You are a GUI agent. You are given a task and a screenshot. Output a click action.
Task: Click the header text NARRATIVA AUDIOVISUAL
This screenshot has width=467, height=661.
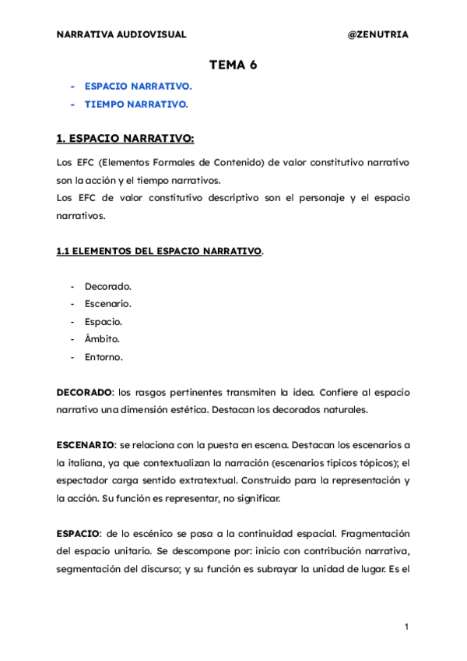[x=121, y=35]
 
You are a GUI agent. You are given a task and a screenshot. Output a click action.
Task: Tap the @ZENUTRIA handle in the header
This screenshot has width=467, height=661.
[x=377, y=35]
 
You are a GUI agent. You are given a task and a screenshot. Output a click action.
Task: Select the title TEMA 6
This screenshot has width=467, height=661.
[x=233, y=65]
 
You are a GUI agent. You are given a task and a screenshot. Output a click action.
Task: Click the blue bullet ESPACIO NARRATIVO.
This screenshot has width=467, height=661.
[x=138, y=87]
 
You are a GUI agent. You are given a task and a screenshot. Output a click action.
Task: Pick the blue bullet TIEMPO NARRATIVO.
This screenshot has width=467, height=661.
[x=136, y=104]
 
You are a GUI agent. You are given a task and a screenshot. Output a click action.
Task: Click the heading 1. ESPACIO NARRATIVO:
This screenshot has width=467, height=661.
[x=125, y=139]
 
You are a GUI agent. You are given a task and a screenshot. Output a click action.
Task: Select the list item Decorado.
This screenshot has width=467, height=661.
[x=108, y=286]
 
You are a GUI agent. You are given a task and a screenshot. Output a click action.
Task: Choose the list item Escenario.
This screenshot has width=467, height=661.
[x=108, y=304]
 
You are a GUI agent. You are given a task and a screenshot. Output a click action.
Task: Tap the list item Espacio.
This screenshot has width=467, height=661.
[x=104, y=321]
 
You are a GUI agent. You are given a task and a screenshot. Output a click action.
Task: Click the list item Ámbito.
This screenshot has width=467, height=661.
[x=102, y=339]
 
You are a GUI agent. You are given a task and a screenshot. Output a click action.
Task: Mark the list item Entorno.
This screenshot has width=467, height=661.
[x=104, y=357]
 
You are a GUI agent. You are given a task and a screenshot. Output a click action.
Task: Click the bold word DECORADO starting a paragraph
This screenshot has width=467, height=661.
[x=85, y=392]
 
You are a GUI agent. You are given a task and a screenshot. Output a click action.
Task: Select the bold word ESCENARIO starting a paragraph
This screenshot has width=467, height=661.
[x=86, y=445]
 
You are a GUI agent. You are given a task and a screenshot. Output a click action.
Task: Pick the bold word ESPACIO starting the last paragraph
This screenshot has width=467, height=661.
[x=78, y=533]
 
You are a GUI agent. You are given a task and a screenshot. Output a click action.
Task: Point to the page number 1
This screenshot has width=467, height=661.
[x=407, y=627]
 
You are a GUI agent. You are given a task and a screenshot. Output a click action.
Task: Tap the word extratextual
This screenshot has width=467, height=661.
[x=230, y=480]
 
